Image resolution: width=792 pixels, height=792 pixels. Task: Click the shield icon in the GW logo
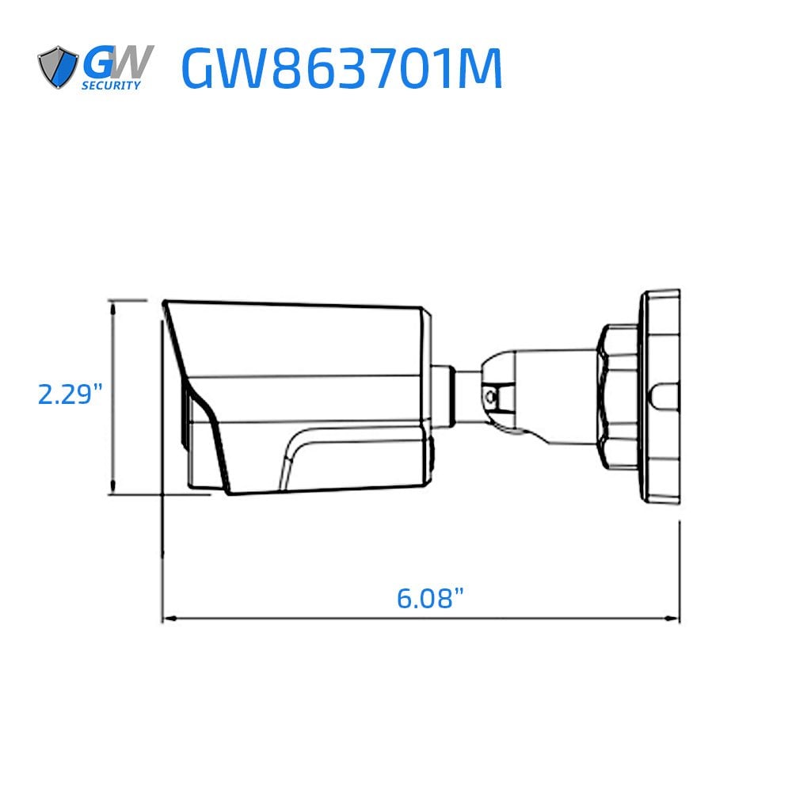point(58,67)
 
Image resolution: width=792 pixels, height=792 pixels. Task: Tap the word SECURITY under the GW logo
point(112,85)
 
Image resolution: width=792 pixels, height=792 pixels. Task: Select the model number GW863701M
point(341,70)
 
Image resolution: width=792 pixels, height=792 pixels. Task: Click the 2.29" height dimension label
point(70,394)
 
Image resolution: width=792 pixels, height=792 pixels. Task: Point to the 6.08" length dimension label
point(429,597)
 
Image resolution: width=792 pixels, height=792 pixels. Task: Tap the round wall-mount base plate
point(660,397)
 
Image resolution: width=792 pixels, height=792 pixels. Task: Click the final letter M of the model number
point(480,70)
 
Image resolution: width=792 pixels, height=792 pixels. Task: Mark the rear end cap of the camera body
point(427,396)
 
